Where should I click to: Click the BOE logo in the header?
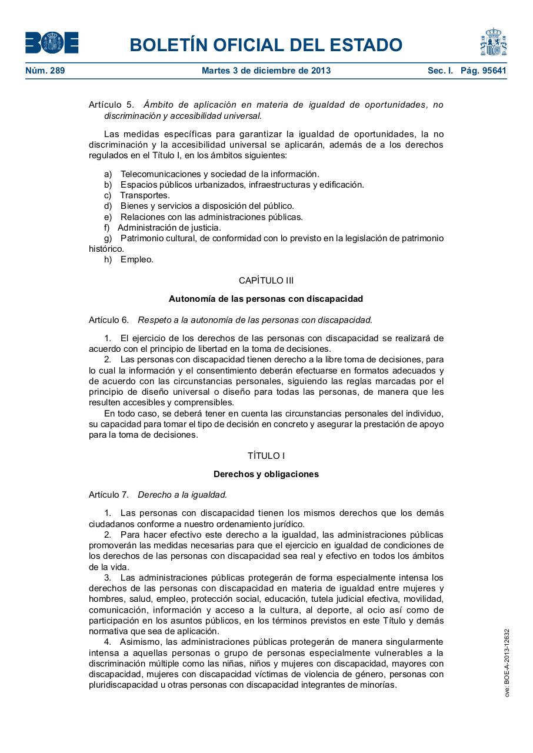(52, 43)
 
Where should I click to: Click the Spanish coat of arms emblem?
(493, 42)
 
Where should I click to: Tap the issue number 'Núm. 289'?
(45, 71)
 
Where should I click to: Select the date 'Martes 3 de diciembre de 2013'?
(266, 71)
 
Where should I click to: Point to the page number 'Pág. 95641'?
(483, 71)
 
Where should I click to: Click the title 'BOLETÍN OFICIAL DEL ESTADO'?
(266, 45)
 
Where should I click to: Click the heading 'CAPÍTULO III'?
(266, 281)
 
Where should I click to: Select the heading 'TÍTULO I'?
(266, 456)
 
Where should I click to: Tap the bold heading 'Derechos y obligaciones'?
(266, 474)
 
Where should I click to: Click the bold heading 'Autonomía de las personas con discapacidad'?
(266, 299)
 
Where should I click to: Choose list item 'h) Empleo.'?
(129, 259)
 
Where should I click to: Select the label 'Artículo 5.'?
(111, 105)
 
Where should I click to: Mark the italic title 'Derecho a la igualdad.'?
(182, 495)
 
